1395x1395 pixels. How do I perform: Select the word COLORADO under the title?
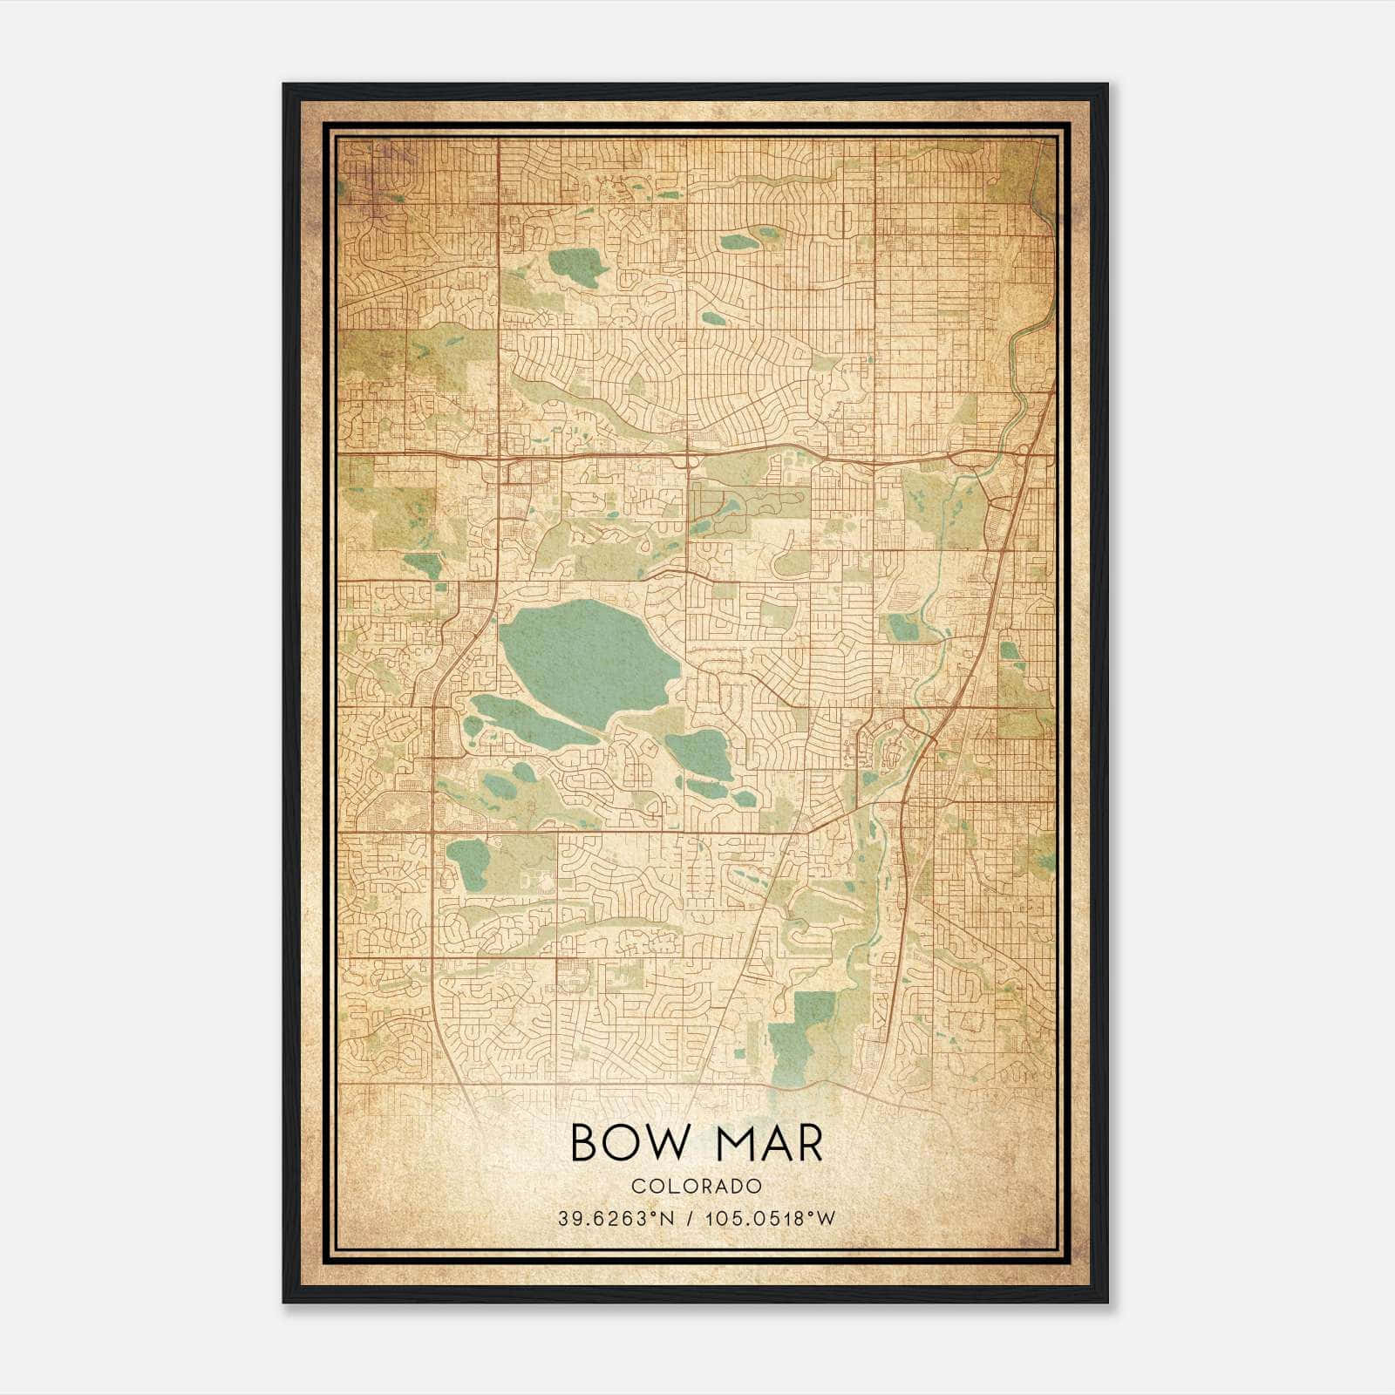pos(697,1186)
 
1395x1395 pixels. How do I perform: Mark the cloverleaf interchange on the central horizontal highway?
pos(689,454)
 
